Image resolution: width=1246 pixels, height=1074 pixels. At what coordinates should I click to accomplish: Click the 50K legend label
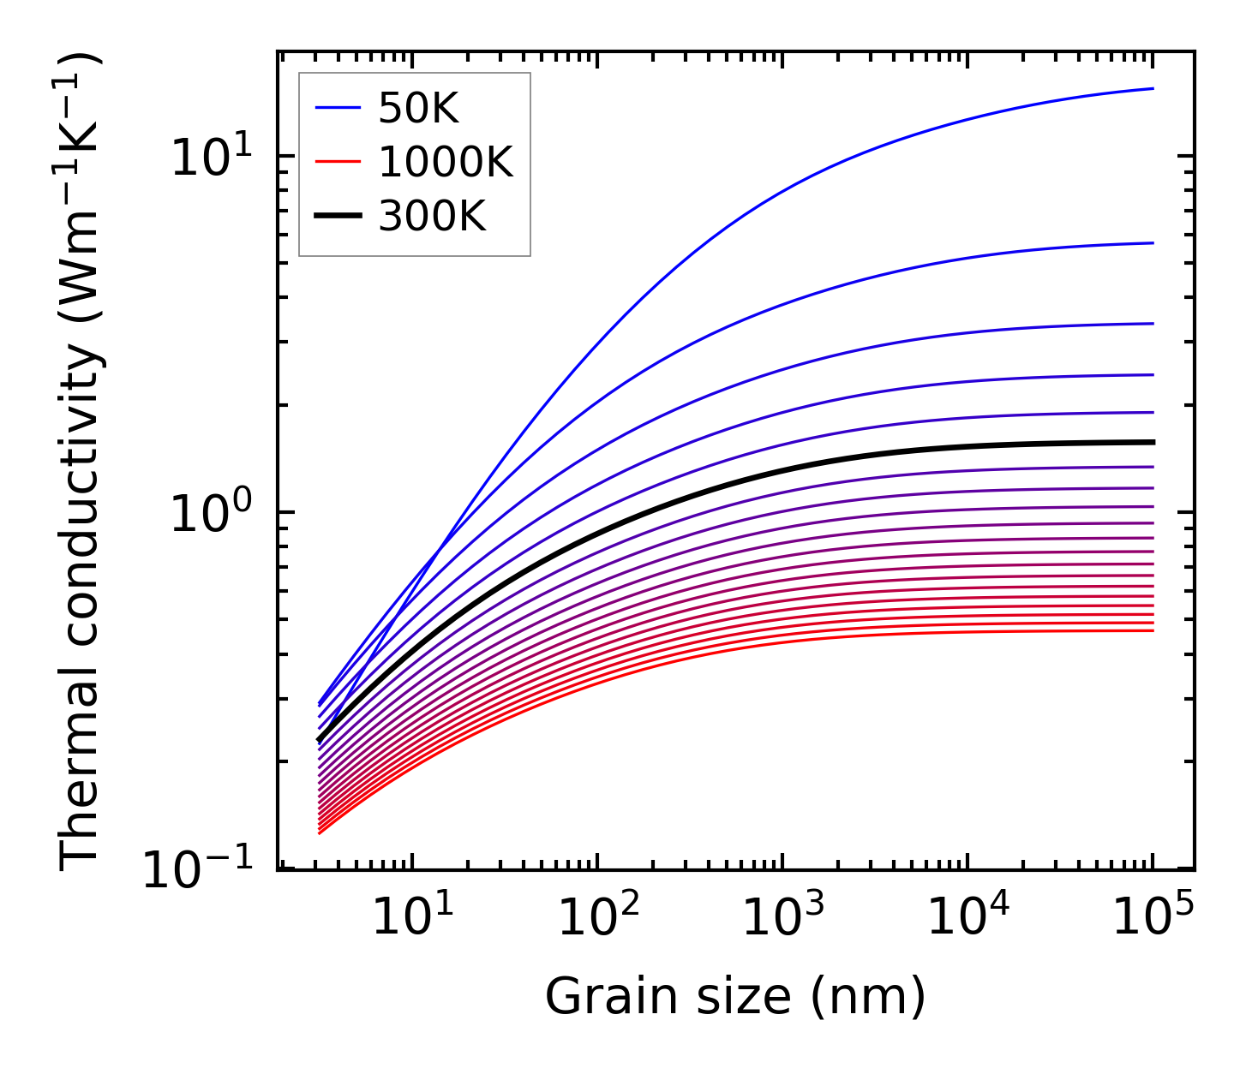pyautogui.click(x=418, y=109)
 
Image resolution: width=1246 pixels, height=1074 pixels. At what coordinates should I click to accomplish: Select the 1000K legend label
pyautogui.click(x=445, y=163)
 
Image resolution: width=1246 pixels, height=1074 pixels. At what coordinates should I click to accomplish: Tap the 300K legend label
pyautogui.click(x=431, y=218)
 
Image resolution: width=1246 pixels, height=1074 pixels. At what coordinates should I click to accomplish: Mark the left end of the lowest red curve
pyautogui.click(x=319, y=832)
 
